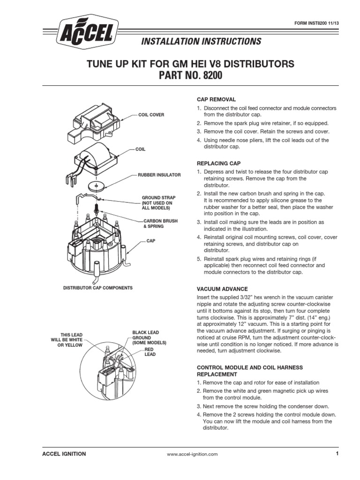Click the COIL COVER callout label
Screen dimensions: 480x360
tap(150, 114)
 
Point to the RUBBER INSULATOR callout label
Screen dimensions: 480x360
tap(159, 174)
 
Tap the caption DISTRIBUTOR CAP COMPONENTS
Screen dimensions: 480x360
tap(98, 287)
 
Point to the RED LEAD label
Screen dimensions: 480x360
tap(150, 352)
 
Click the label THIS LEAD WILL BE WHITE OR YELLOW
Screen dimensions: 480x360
tap(67, 339)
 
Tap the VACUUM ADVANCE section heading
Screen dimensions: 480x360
tap(222, 289)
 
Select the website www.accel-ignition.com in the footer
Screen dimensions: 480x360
tap(192, 454)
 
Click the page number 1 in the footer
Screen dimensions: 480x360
tap(337, 454)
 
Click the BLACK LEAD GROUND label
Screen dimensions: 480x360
tap(149, 337)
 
